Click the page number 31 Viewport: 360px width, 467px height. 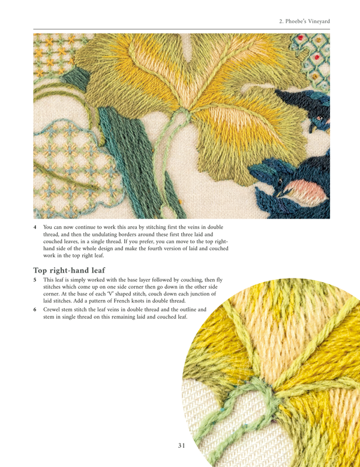click(183, 445)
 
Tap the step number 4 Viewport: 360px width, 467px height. click(35, 227)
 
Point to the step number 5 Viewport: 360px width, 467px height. click(35, 280)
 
